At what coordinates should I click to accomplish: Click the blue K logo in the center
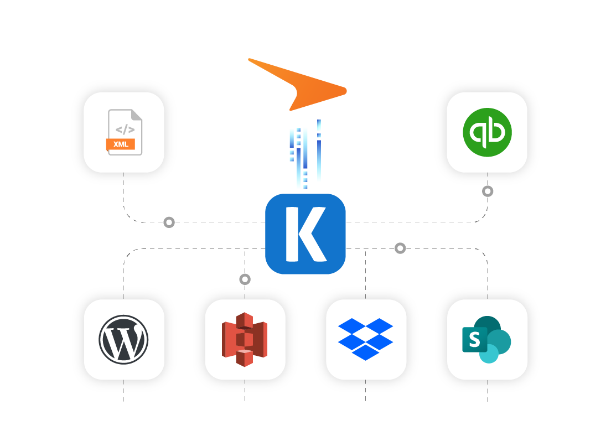305,234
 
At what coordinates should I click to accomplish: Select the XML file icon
125,132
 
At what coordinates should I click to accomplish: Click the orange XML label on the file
120,144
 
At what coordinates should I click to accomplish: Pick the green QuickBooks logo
487,132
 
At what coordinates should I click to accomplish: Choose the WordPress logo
123,339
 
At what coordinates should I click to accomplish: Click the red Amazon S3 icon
245,339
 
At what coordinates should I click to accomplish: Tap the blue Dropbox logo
365,339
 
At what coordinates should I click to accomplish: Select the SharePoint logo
486,339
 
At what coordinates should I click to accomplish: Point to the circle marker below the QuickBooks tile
487,191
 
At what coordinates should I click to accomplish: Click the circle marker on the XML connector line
169,222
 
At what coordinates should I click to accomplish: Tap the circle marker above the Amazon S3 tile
245,279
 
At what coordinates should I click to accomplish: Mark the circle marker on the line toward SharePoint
400,248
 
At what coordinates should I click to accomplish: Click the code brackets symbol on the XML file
125,129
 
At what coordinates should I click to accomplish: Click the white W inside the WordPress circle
123,340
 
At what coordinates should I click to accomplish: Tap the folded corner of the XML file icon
136,115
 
